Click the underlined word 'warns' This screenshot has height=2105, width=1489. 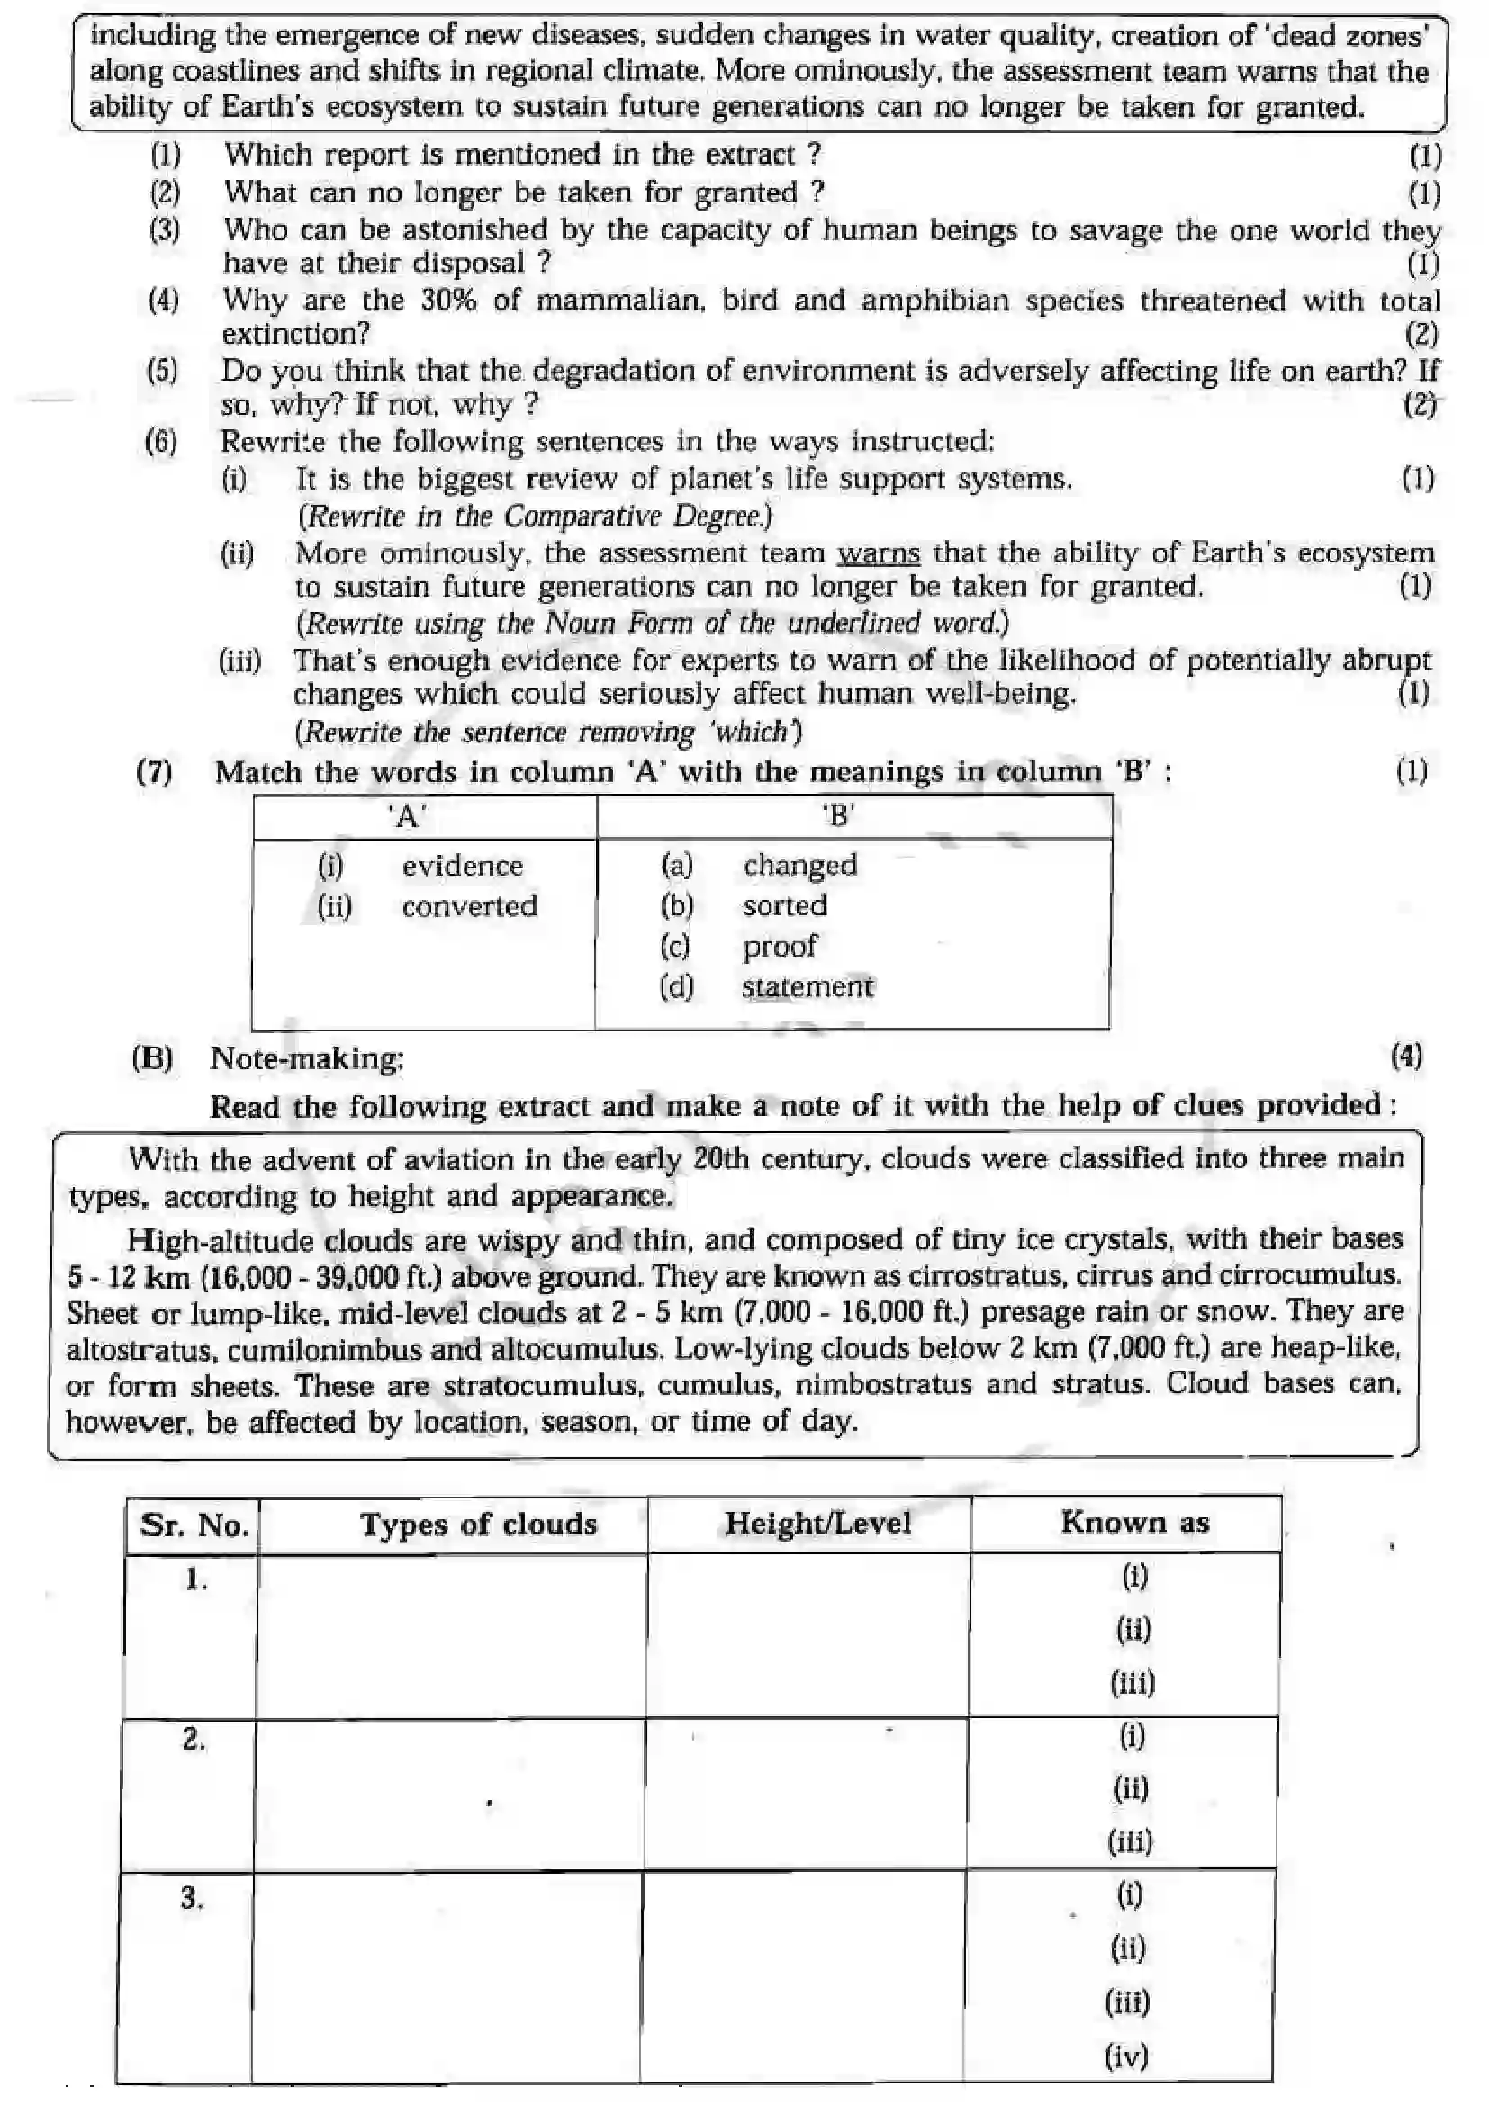pyautogui.click(x=878, y=553)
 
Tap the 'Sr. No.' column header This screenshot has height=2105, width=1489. pyautogui.click(x=194, y=1525)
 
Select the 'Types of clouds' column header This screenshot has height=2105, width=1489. pyautogui.click(x=478, y=1524)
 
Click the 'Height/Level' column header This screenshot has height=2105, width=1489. pyautogui.click(x=817, y=1523)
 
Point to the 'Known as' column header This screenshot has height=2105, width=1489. pyautogui.click(x=1134, y=1522)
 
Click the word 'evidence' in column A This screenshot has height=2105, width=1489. pyautogui.click(x=462, y=866)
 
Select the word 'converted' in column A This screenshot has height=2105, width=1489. pyautogui.click(x=469, y=906)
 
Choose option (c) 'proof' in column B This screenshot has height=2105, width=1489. pyautogui.click(x=780, y=945)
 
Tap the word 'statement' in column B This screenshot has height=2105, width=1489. pyautogui.click(x=807, y=986)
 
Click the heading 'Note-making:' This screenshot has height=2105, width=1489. pyautogui.click(x=306, y=1058)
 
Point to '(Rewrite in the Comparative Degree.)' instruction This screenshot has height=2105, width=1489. pyautogui.click(x=536, y=517)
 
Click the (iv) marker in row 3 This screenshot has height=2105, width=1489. pyautogui.click(x=1126, y=2056)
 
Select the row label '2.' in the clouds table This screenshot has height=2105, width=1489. pyautogui.click(x=194, y=1740)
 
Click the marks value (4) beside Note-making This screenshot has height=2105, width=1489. pyautogui.click(x=1406, y=1057)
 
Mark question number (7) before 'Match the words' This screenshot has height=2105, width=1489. pyautogui.click(x=154, y=772)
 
